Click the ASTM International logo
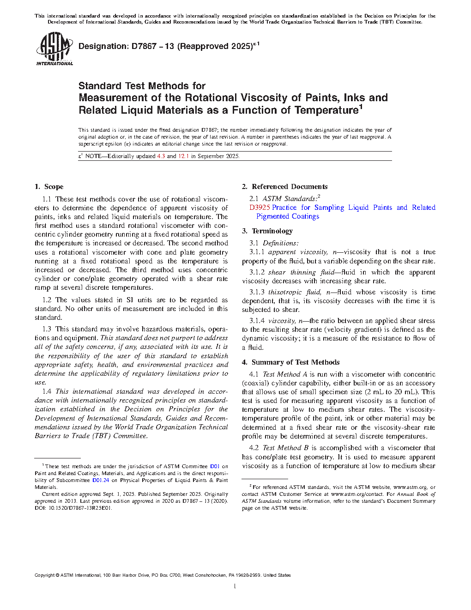pos(54,49)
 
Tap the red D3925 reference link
pos(260,207)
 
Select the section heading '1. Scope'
pos(49,187)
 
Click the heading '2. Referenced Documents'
pos(284,187)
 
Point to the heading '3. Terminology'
pos(267,231)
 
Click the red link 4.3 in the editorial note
pos(161,156)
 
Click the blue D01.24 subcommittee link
pos(101,480)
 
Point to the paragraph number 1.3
pos(47,329)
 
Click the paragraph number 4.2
pos(254,448)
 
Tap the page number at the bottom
pos(235,586)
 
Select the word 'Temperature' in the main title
pos(326,110)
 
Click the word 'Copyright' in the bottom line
pos(44,575)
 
